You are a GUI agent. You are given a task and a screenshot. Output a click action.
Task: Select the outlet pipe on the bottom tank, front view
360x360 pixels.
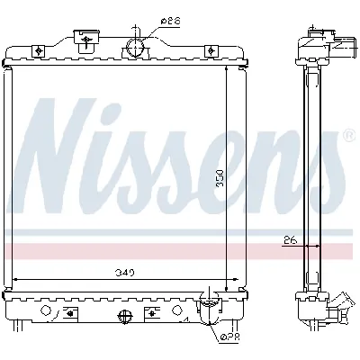point(207,311)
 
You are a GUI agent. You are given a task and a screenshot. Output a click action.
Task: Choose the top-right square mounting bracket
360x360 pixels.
point(210,49)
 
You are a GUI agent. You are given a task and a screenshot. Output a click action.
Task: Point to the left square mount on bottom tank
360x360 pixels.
point(68,314)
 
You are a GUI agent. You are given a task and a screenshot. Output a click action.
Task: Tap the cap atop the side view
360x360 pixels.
point(317,36)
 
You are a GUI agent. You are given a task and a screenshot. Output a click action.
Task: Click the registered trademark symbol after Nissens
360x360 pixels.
point(348,137)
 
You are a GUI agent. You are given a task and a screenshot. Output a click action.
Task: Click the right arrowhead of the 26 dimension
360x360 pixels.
point(302,245)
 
